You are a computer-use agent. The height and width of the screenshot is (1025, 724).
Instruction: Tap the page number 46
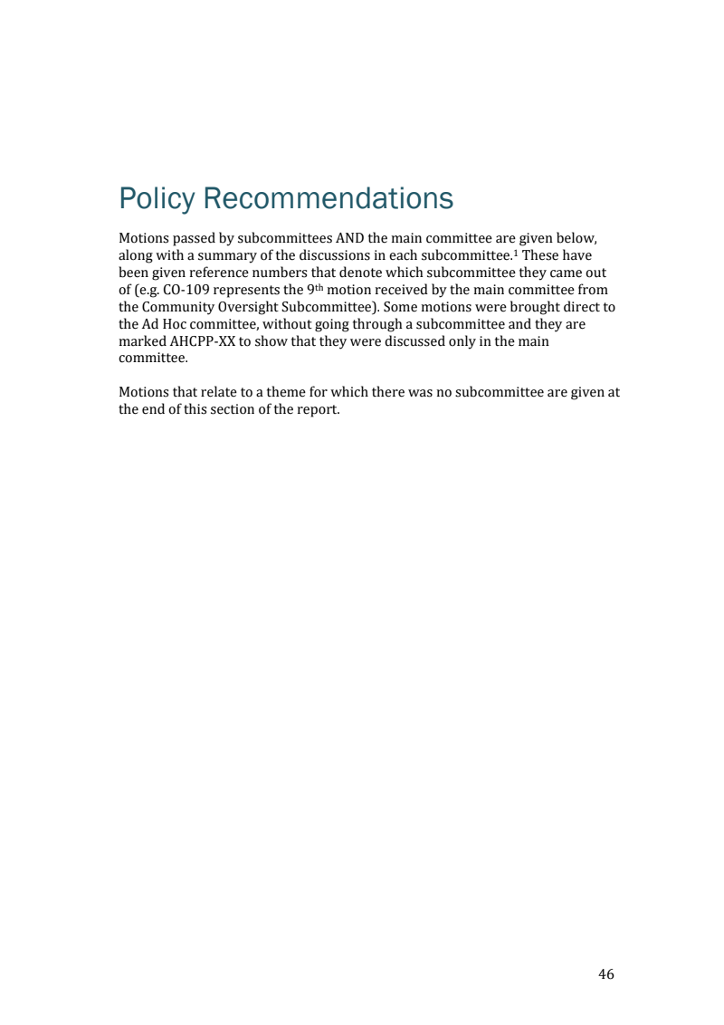606,974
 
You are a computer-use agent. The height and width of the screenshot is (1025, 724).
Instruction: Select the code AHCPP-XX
199,341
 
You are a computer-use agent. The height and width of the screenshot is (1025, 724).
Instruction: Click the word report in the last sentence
318,410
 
